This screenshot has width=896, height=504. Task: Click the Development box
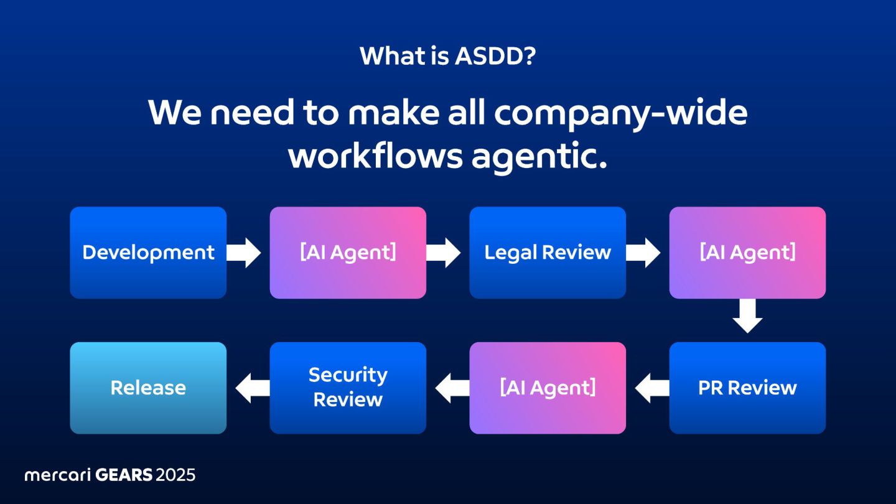[148, 253]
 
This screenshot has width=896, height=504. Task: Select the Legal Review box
[548, 253]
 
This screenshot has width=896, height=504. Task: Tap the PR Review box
[747, 388]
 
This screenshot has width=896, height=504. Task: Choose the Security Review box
[348, 388]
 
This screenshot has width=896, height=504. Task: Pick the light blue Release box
[148, 388]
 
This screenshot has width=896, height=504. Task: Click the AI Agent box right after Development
[348, 253]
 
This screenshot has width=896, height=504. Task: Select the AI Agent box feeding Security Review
[548, 388]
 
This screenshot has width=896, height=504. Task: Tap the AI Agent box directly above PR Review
[747, 253]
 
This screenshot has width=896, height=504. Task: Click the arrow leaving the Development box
[244, 253]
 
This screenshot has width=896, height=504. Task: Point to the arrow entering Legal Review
[444, 253]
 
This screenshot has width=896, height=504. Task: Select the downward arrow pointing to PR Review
[747, 316]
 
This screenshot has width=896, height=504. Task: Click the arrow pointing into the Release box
[253, 388]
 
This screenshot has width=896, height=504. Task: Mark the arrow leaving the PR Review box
[652, 388]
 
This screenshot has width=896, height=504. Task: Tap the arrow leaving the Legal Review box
[643, 253]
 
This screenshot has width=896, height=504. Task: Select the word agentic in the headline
[539, 156]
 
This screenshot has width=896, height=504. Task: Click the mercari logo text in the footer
[58, 475]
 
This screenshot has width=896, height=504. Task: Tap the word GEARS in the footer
[124, 475]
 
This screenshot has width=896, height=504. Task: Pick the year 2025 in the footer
[175, 475]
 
